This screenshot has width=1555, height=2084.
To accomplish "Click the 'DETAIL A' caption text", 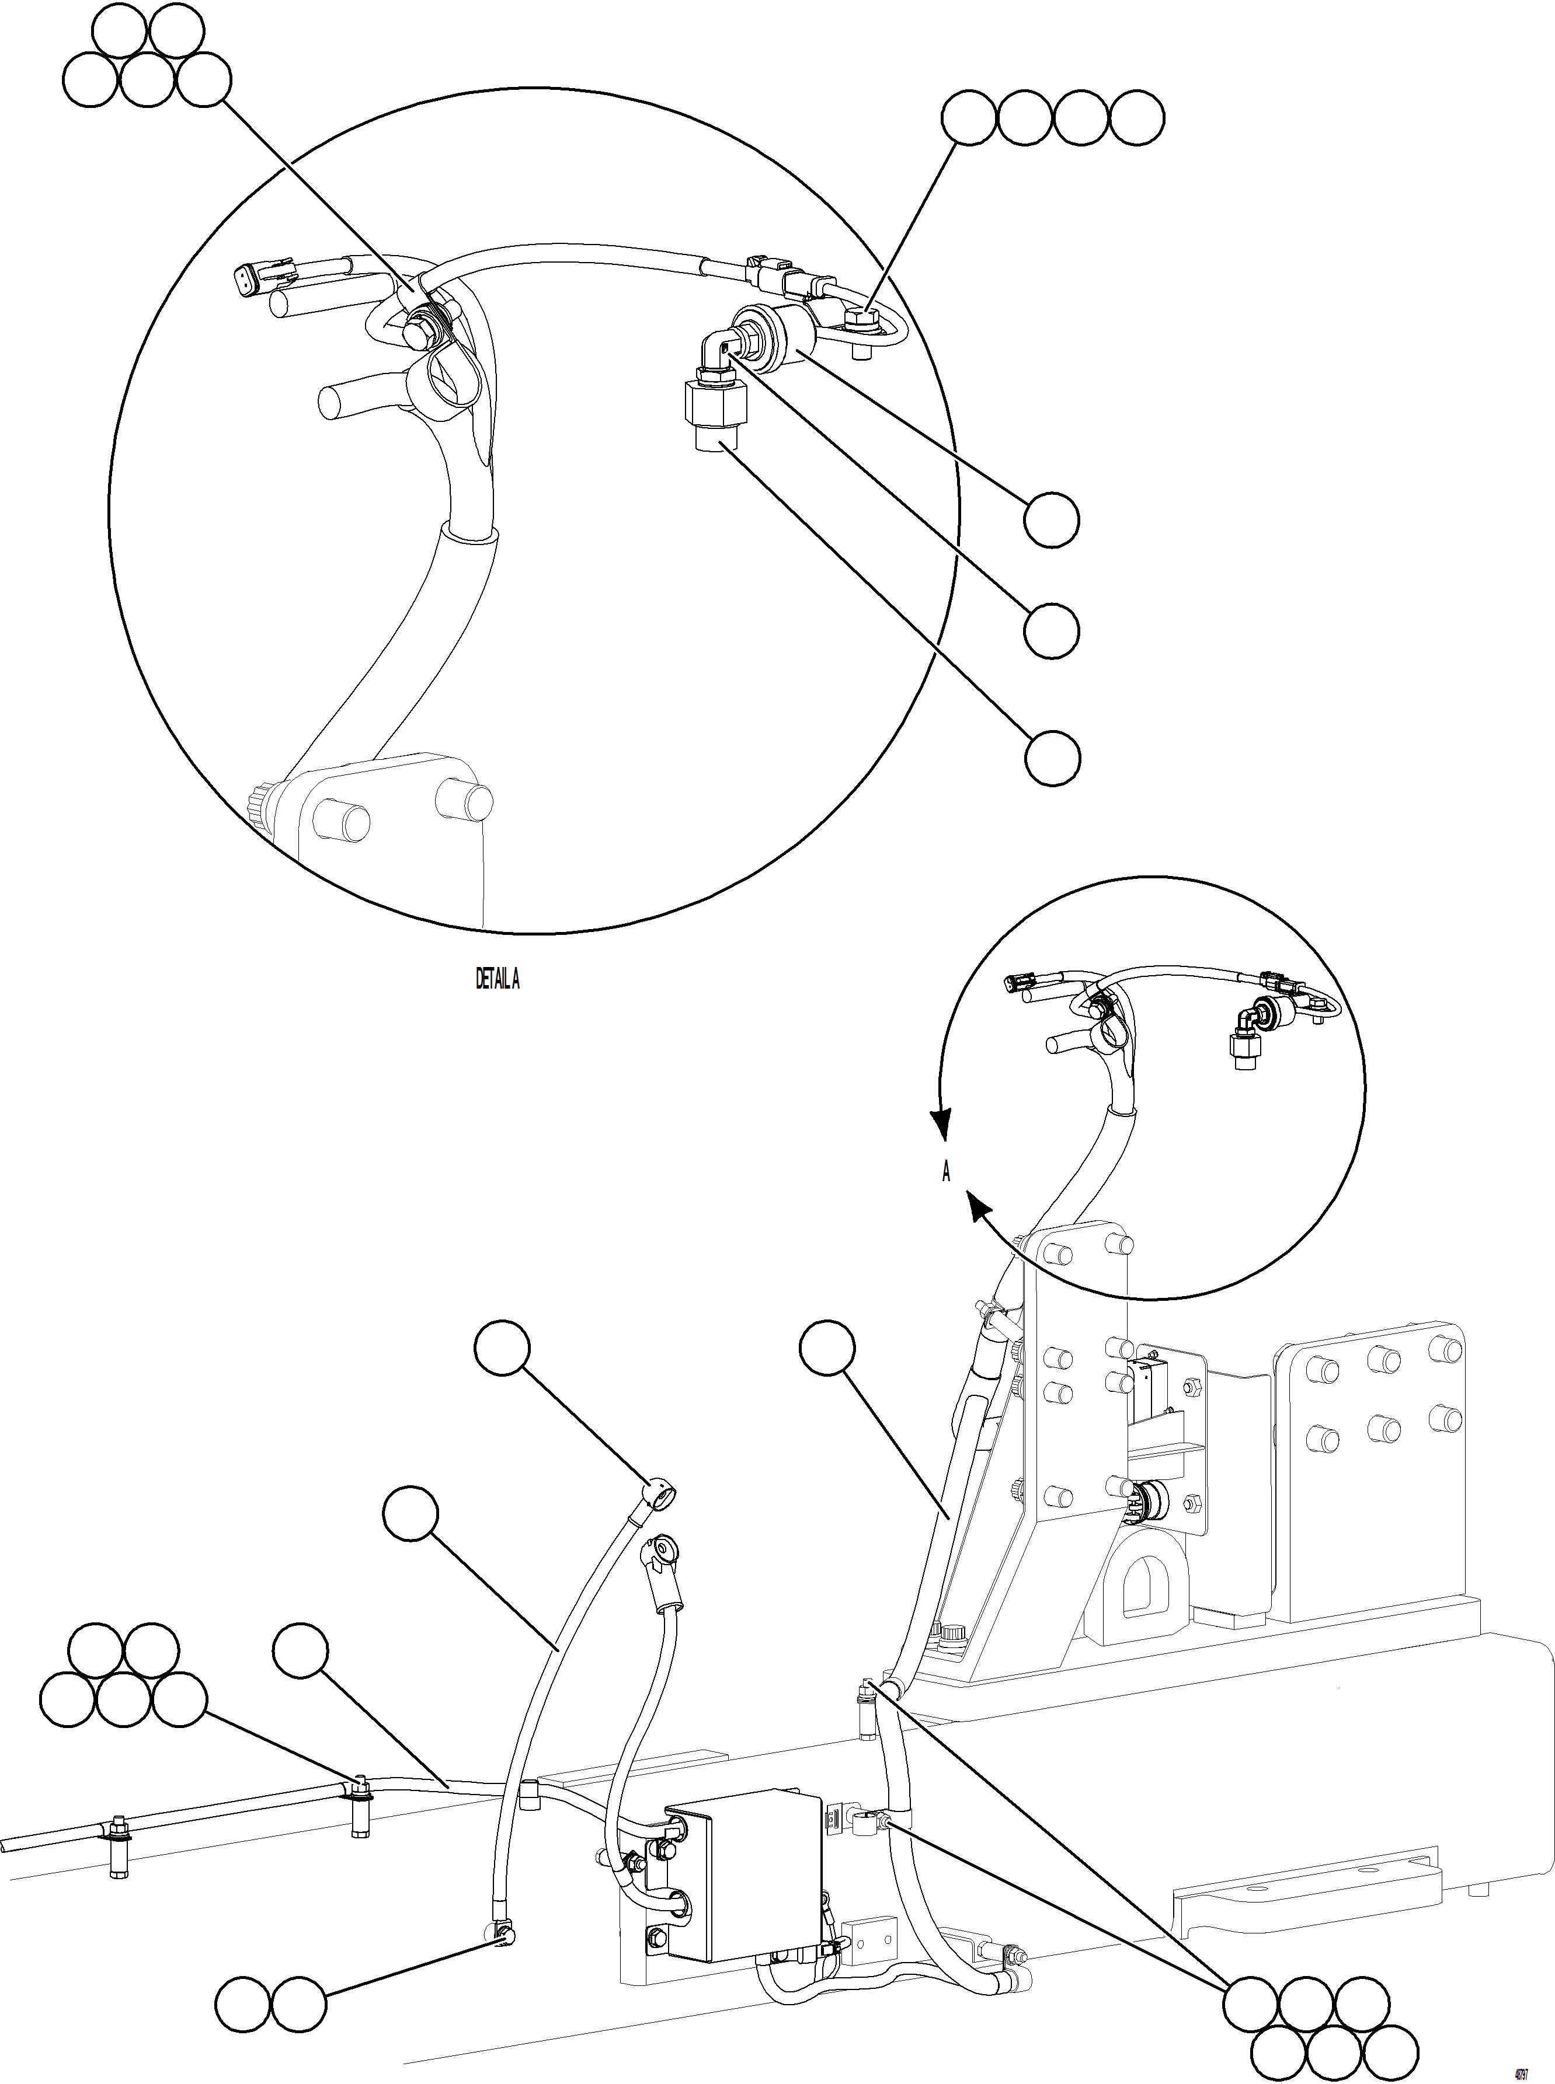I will (497, 979).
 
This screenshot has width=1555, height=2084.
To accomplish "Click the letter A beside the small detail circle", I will (946, 1171).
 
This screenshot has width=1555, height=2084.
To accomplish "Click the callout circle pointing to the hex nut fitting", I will (1052, 758).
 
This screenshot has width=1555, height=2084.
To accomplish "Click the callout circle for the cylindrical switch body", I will (1052, 519).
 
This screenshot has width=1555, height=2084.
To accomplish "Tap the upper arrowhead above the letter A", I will (941, 1122).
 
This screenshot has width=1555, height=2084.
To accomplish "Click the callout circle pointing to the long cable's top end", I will (502, 1349).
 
